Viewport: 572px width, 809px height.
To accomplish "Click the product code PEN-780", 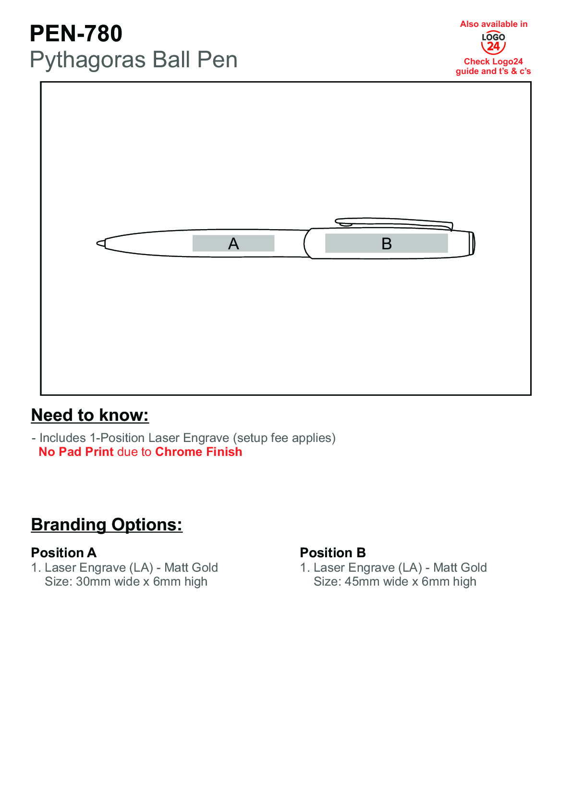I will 76,34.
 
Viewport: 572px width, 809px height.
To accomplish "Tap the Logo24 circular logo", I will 493,43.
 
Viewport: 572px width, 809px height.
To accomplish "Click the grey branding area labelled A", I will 233,244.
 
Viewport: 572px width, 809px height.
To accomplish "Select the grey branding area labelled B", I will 386,244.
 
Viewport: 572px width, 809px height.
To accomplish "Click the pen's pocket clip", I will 394,222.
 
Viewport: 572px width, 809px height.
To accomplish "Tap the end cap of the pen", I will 472,244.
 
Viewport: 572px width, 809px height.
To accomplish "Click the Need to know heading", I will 90,416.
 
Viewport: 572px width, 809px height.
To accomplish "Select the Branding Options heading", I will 107,525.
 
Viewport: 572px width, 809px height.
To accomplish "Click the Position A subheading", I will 64,552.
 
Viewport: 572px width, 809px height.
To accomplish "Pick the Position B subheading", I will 333,552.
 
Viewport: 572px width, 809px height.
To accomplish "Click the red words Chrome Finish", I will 198,452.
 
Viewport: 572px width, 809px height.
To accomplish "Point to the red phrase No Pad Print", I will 76,452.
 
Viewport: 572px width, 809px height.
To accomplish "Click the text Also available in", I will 494,24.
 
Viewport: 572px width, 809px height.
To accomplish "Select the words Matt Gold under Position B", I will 460,568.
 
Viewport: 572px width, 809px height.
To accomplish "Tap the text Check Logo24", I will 493,61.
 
